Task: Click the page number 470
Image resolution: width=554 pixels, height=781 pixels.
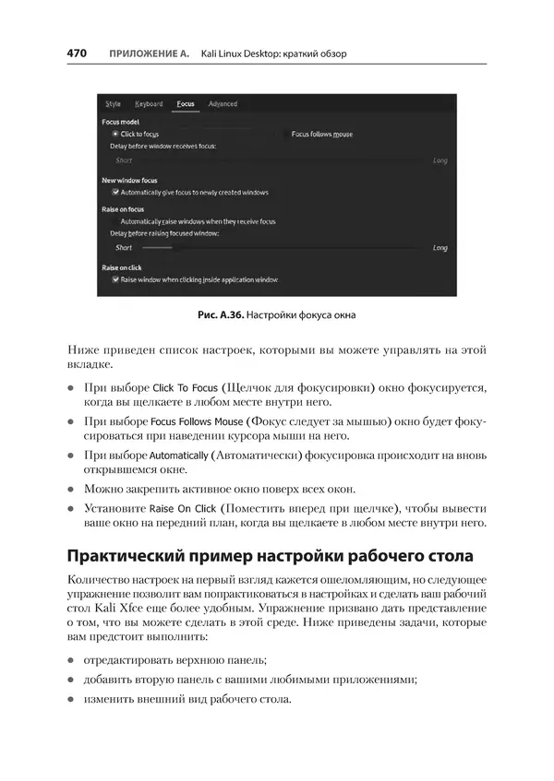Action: pos(77,53)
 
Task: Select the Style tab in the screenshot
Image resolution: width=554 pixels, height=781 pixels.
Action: pos(113,104)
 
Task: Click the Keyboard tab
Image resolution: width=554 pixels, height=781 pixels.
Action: pos(148,104)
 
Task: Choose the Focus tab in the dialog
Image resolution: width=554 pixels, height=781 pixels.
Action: pos(186,104)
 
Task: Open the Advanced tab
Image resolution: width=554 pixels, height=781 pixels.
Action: pos(223,104)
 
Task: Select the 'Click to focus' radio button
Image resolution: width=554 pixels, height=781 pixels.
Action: pos(114,134)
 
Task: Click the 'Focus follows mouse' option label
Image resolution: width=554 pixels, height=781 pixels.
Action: pos(321,134)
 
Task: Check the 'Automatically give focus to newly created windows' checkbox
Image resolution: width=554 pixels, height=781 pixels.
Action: pos(114,193)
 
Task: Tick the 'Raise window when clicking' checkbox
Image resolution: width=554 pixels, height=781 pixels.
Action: pos(114,278)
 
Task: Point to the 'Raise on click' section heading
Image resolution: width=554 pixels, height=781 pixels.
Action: pos(121,267)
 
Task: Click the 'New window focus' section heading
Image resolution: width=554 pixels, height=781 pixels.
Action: pos(129,181)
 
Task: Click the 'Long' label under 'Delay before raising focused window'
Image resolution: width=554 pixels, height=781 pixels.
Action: pos(440,248)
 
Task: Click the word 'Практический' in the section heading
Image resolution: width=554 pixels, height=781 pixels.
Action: pos(128,556)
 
